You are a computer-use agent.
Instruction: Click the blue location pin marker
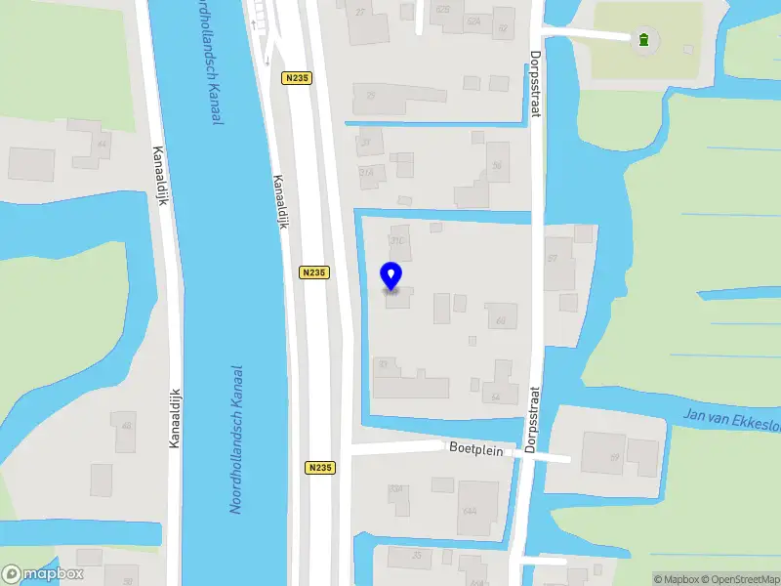[x=391, y=276]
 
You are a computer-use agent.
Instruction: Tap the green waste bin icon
[x=643, y=40]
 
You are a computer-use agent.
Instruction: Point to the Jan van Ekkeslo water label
[x=733, y=420]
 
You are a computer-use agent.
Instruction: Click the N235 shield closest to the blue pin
[x=313, y=273]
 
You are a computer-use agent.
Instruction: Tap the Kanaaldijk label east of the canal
[x=282, y=201]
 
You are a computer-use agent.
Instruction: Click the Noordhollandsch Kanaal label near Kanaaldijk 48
[x=235, y=439]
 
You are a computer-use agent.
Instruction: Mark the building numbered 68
[x=501, y=316]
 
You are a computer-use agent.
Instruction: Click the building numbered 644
[x=477, y=508]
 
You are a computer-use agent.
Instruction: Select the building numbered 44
[x=102, y=144]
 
